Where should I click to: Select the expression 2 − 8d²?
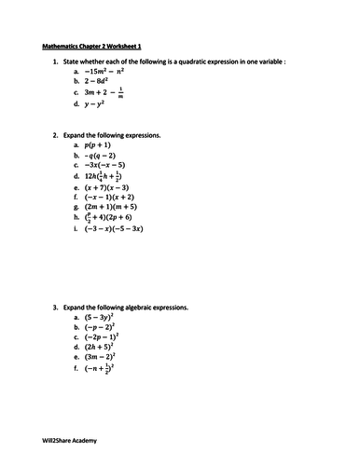(x=98, y=81)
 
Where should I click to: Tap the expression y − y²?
(x=97, y=104)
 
